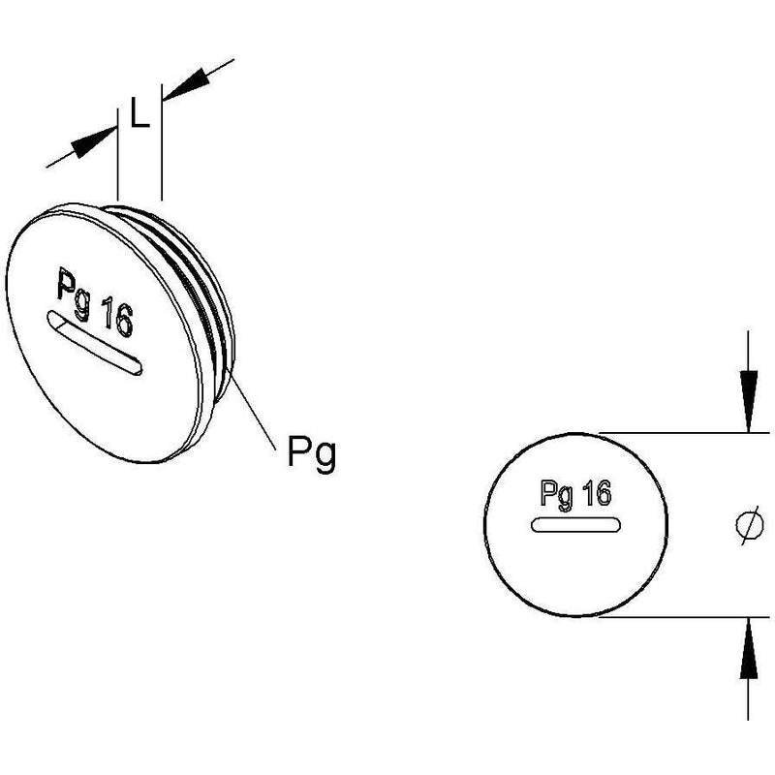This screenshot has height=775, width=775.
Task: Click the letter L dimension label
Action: (x=139, y=112)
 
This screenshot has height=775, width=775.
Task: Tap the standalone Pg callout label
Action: (x=312, y=453)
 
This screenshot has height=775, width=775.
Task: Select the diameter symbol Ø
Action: (x=749, y=525)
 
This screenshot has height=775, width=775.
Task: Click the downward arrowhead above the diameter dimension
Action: (x=748, y=400)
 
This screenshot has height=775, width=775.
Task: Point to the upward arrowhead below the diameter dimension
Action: (x=748, y=647)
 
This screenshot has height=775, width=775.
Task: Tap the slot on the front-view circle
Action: (x=575, y=524)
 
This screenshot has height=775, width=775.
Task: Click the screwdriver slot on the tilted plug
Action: (x=94, y=342)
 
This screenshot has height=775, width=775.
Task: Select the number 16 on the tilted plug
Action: (x=116, y=318)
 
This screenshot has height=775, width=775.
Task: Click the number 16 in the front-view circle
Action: (x=597, y=493)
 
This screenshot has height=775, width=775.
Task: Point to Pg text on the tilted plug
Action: (x=75, y=294)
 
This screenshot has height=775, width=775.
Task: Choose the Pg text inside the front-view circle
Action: (x=557, y=494)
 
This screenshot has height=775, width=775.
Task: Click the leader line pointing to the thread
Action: (x=253, y=411)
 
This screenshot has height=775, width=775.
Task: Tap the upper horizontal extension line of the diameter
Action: (x=685, y=433)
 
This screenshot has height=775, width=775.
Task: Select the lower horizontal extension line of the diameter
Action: (x=685, y=617)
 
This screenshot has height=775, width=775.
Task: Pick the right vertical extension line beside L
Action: (x=162, y=142)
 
